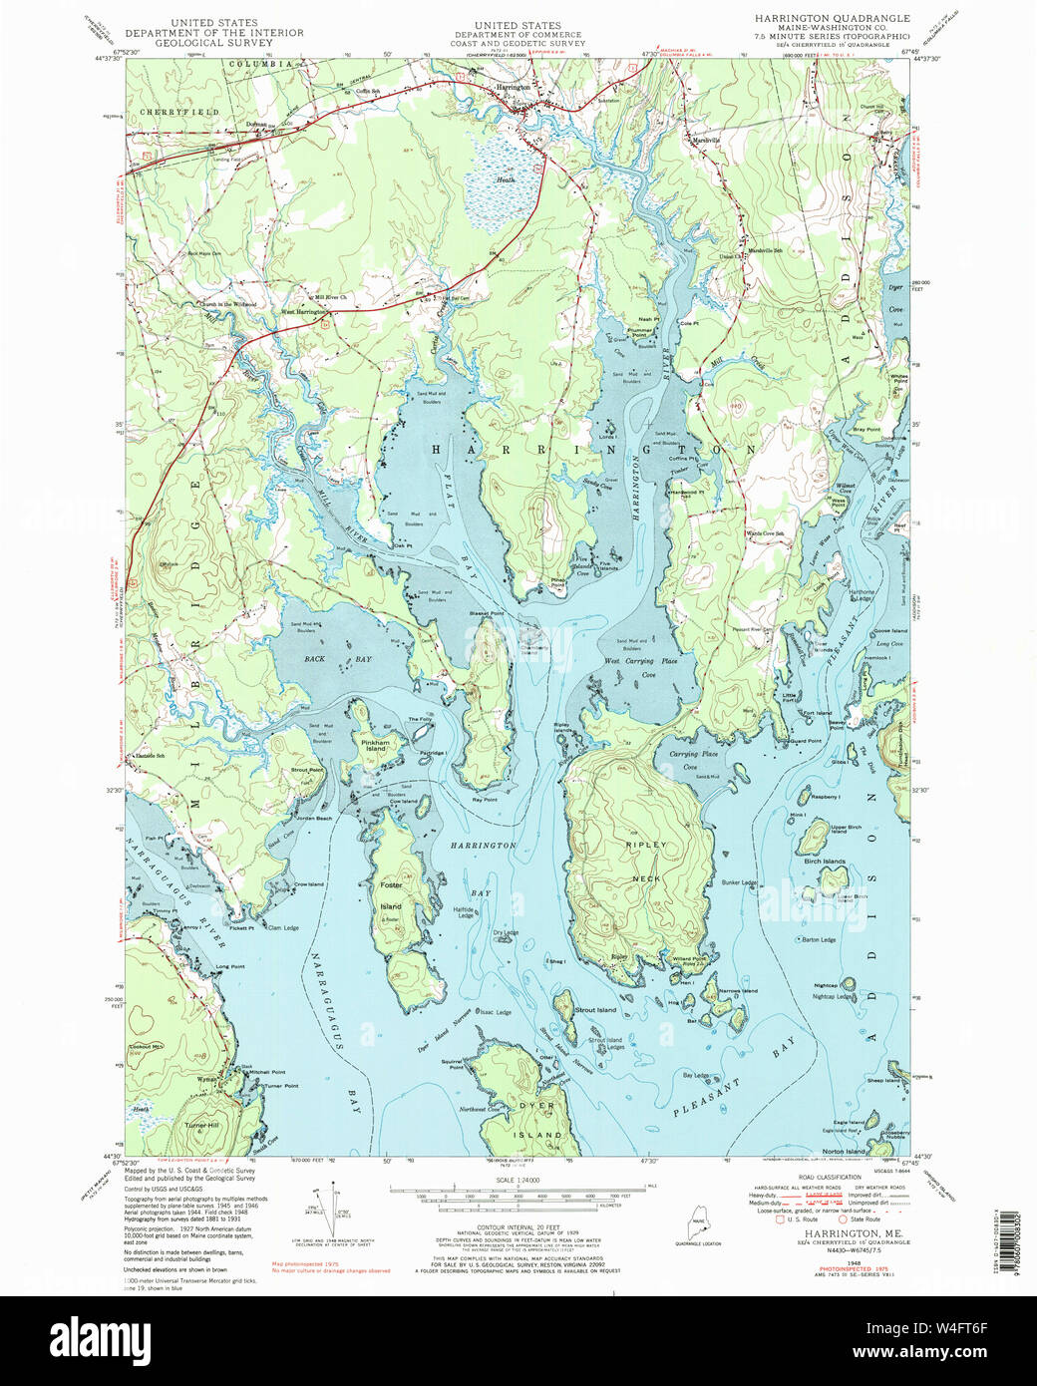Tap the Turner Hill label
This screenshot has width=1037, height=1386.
[x=201, y=1125]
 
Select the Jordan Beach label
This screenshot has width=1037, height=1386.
[x=313, y=818]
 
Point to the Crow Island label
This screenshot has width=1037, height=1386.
[x=308, y=884]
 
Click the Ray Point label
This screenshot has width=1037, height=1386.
[x=485, y=800]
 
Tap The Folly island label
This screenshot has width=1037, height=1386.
[x=420, y=720]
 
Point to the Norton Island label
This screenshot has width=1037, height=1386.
[x=844, y=1151]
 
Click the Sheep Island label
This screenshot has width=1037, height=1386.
[x=883, y=1080]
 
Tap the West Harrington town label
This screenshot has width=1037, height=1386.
[x=304, y=312]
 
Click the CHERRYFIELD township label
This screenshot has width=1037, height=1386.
[x=178, y=113]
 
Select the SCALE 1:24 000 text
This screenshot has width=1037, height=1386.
[x=518, y=1180]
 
